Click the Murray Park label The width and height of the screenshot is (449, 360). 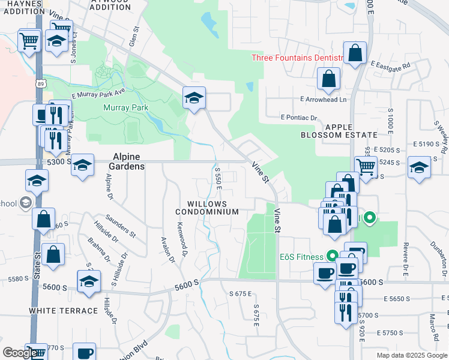125,108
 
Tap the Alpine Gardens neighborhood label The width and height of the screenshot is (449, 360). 127,161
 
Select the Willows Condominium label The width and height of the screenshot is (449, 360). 206,208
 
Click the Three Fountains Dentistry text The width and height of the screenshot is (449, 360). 296,58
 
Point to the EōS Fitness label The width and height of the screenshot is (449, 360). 301,256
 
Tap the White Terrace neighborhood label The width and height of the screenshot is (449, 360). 63,311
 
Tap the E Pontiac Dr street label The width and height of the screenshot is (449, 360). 298,118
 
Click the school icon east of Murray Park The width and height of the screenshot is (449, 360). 194,98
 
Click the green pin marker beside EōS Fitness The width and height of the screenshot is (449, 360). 369,218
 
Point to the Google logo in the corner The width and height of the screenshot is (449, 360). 20,352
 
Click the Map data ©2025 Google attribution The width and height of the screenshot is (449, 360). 411,355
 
